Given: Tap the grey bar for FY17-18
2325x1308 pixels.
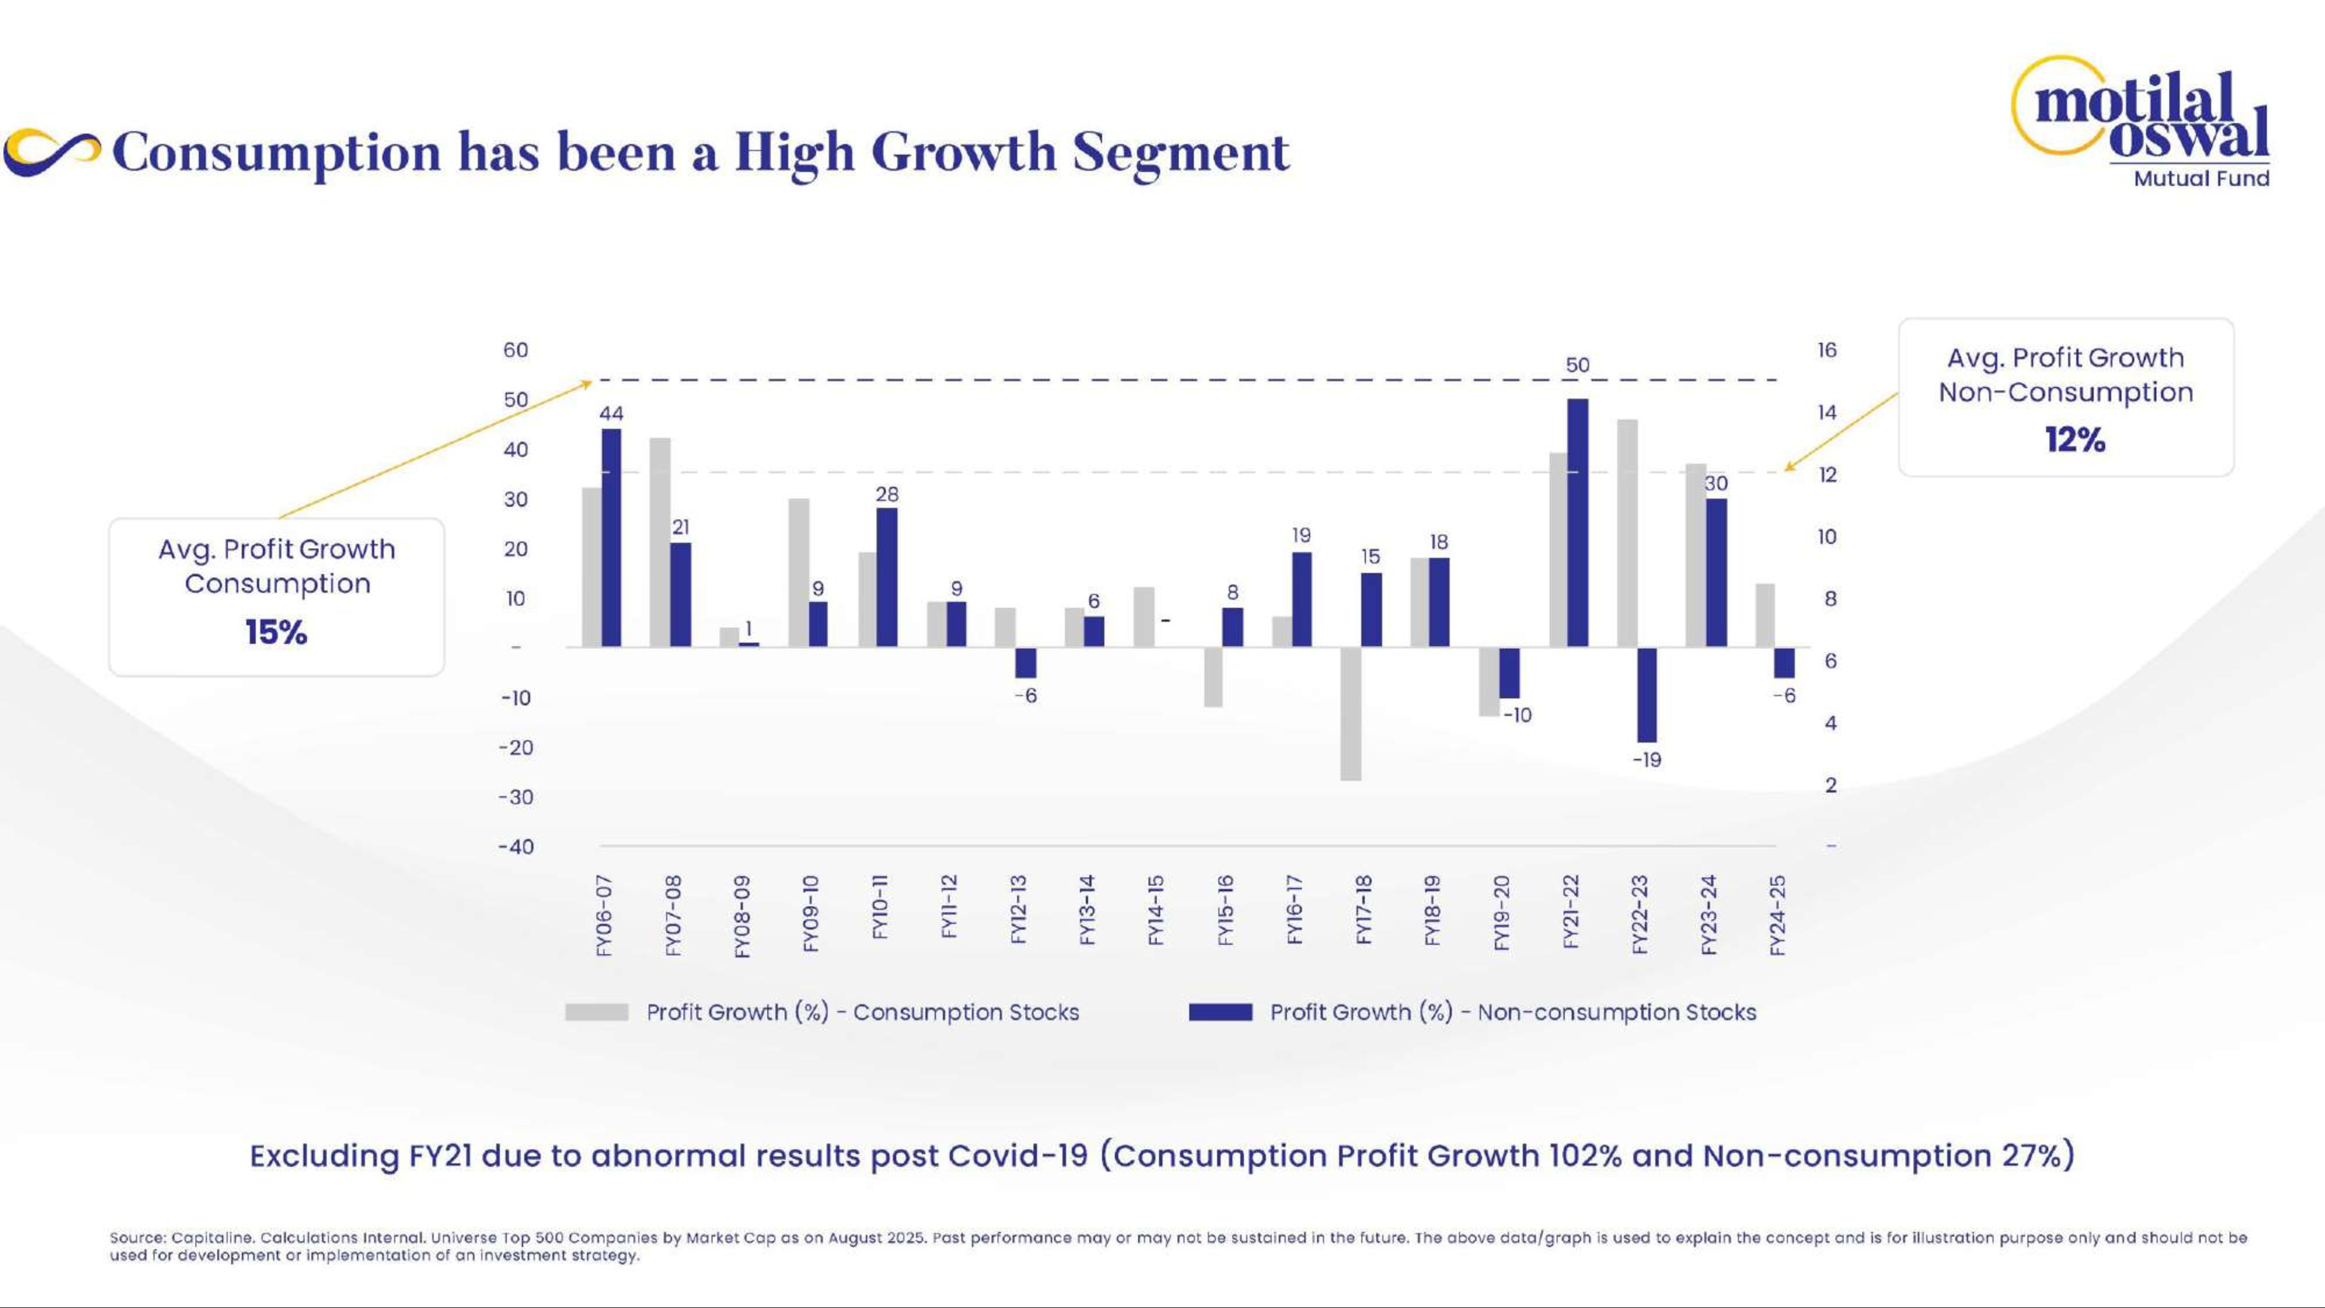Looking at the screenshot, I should click(1350, 713).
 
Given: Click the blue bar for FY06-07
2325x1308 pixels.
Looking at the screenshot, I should click(611, 537).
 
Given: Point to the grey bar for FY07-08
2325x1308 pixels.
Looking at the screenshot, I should click(660, 542).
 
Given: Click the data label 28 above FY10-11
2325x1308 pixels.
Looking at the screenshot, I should click(886, 494).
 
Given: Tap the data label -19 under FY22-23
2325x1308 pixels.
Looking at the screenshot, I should click(1646, 760).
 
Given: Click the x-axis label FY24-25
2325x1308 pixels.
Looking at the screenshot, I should click(1777, 914).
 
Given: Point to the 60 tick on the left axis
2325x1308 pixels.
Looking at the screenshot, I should click(516, 350).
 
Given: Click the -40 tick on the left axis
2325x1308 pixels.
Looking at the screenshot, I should click(516, 847).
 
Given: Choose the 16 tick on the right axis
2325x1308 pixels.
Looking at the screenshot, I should click(1827, 350).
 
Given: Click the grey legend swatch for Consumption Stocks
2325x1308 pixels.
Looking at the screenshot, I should click(596, 1012).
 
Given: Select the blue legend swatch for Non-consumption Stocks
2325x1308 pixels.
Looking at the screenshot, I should click(1220, 1012).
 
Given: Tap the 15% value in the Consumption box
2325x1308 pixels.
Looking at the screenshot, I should click(276, 632).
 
